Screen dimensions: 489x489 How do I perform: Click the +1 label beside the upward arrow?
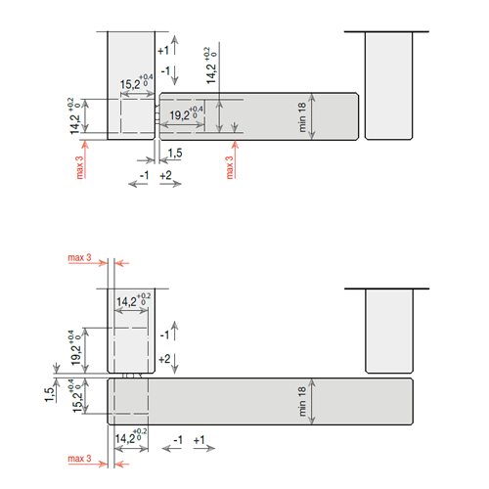[x=163, y=51]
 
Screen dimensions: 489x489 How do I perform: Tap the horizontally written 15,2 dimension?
[x=130, y=84]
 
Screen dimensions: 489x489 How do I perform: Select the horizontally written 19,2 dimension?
[x=179, y=115]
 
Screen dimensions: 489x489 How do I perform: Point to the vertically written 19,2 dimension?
[x=76, y=355]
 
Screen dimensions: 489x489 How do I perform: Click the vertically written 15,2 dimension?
[x=77, y=402]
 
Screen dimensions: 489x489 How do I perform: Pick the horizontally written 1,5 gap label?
[x=175, y=153]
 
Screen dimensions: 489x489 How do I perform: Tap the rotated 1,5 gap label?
[x=49, y=395]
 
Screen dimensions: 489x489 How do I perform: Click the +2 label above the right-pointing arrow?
[x=165, y=175]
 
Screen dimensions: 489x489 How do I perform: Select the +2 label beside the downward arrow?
[x=164, y=359]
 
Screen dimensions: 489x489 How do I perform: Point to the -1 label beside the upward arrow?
[x=164, y=334]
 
